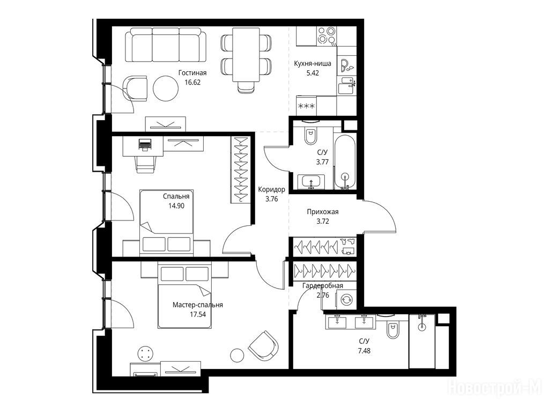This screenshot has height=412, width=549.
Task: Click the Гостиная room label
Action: pyautogui.click(x=192, y=73)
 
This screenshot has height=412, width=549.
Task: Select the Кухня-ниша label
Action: pyautogui.click(x=313, y=64)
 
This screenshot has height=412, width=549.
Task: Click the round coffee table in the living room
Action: pyautogui.click(x=166, y=89)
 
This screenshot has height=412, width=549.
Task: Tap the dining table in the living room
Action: pyautogui.click(x=246, y=54)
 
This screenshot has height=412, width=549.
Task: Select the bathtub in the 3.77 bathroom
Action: pyautogui.click(x=345, y=162)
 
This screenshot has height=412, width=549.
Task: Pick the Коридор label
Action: pyautogui.click(x=271, y=189)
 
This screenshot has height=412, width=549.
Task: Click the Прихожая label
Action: pyautogui.click(x=322, y=212)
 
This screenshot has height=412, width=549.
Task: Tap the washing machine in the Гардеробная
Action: pyautogui.click(x=346, y=300)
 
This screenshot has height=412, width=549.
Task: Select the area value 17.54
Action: pyautogui.click(x=198, y=314)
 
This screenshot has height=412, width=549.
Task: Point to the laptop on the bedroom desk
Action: pyautogui.click(x=145, y=144)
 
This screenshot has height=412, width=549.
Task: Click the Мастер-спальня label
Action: pyautogui.click(x=198, y=305)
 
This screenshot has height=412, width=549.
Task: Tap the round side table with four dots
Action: pyautogui.click(x=146, y=353)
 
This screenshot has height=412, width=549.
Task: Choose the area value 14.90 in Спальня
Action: pyautogui.click(x=176, y=205)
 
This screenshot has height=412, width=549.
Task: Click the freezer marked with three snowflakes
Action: pyautogui.click(x=306, y=106)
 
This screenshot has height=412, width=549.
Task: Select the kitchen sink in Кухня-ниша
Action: pyautogui.click(x=347, y=85)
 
